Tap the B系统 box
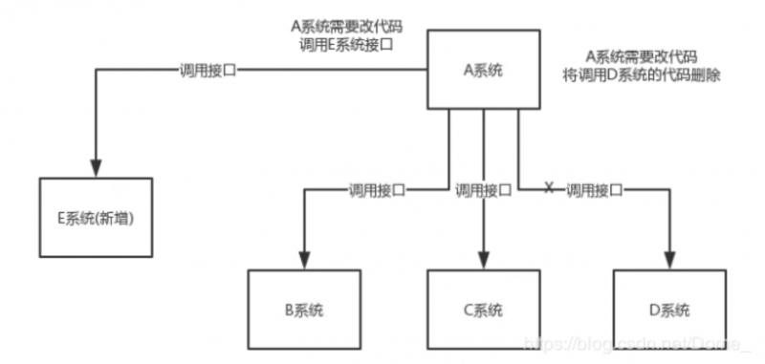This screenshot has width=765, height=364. coord(304,309)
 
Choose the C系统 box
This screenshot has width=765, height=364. coord(483,309)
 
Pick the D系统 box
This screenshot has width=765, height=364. coord(669,309)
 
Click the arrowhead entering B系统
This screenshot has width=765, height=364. coord(304,259)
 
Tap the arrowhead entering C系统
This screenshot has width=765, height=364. coord(483,259)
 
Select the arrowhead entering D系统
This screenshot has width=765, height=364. coord(669,259)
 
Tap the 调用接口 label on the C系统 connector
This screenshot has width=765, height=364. coord(483,190)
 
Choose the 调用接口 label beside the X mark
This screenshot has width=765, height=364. coord(594,190)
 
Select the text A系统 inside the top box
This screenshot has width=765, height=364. coord(484,69)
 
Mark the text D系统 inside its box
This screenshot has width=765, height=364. coord(669,309)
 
